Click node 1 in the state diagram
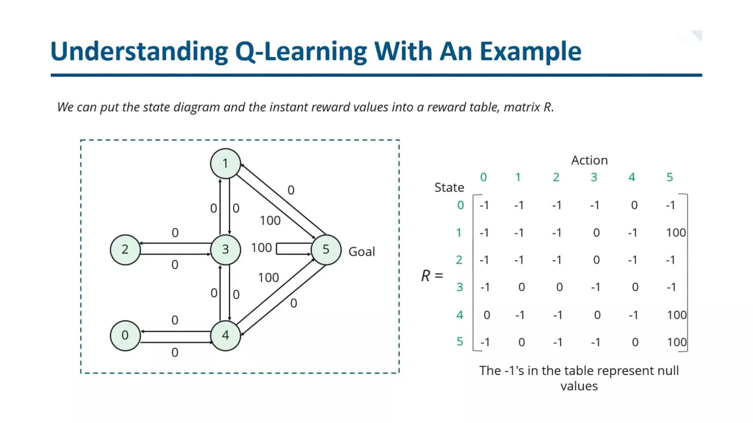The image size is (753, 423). (225, 163)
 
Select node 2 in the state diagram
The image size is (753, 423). (125, 250)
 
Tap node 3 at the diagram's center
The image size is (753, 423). (225, 250)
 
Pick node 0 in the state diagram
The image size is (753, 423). (125, 335)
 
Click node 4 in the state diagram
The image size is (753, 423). (225, 335)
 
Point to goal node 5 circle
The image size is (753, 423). (326, 250)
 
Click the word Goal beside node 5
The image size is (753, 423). (361, 252)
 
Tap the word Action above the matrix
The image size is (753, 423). (589, 160)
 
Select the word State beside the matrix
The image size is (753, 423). (449, 188)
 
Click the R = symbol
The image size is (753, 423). (432, 276)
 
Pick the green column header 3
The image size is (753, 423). (594, 177)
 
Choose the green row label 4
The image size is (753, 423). (460, 315)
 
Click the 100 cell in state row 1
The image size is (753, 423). (676, 233)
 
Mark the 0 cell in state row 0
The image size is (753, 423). (634, 205)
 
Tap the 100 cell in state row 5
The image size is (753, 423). (677, 342)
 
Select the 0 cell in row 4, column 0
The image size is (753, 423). (486, 315)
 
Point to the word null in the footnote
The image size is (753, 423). (668, 371)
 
